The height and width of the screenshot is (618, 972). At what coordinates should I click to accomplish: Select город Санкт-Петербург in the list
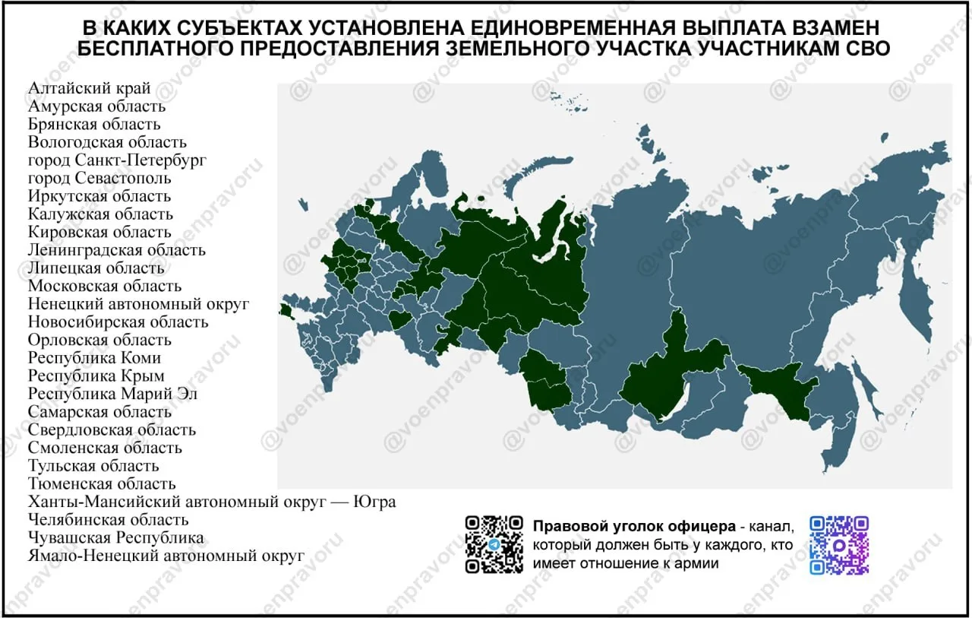(117, 160)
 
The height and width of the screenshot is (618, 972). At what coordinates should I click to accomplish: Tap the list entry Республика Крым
(96, 376)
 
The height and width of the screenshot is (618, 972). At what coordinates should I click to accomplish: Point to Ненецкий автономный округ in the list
(139, 304)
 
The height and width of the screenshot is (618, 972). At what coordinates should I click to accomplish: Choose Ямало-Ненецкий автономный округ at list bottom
(166, 556)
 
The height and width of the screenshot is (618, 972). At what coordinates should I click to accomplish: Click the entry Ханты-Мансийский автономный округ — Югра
(212, 502)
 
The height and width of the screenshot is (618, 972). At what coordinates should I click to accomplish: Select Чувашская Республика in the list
(115, 537)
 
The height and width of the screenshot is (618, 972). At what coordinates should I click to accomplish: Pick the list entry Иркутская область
(99, 196)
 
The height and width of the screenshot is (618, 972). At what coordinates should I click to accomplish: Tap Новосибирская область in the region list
(118, 322)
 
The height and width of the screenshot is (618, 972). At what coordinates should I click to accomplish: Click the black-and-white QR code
(494, 544)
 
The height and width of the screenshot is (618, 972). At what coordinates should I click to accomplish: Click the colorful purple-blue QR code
(838, 544)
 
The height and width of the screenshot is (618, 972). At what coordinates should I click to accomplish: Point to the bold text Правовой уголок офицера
(633, 526)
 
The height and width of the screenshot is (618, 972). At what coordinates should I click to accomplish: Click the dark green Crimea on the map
(286, 309)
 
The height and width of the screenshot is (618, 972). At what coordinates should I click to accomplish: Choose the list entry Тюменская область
(102, 483)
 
